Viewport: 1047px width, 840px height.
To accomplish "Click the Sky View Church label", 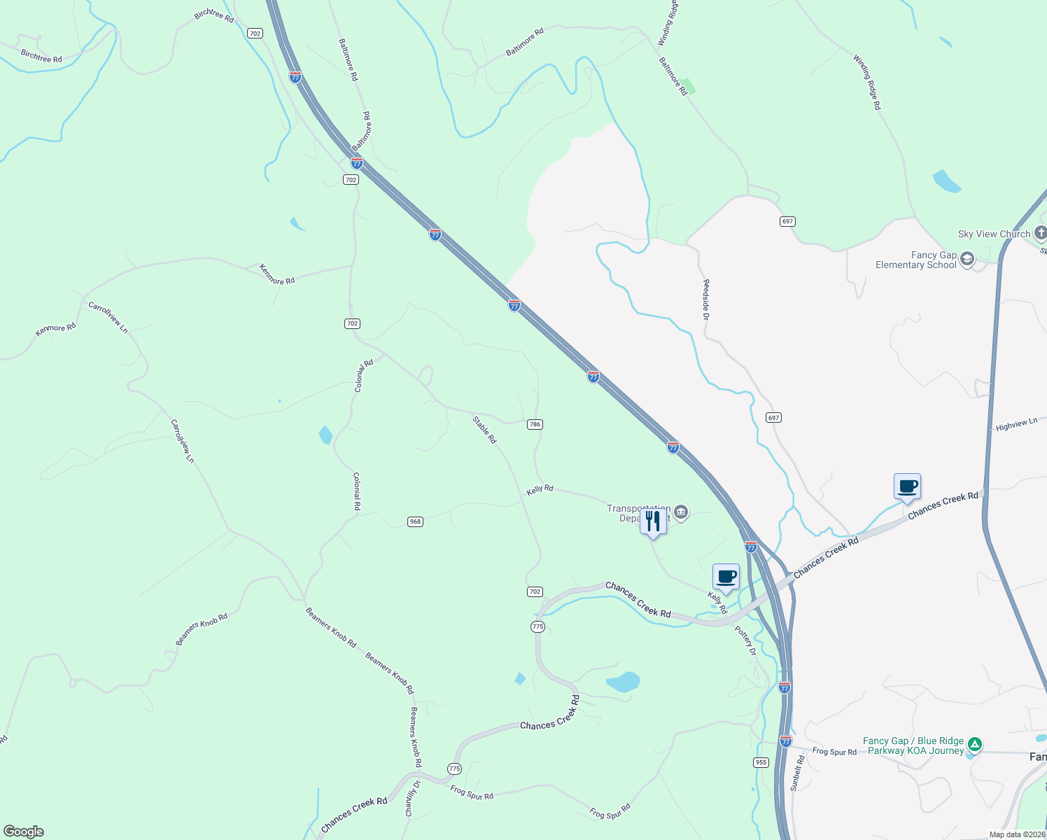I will pyautogui.click(x=994, y=234).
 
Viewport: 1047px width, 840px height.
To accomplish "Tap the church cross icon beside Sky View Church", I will pyautogui.click(x=1040, y=233).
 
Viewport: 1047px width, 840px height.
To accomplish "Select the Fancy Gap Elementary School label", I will pyautogui.click(x=915, y=260).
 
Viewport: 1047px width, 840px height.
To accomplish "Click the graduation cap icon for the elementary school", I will pyautogui.click(x=967, y=260).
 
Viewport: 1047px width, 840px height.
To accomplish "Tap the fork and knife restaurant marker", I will pyautogui.click(x=653, y=521).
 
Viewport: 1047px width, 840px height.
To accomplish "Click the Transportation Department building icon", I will pyautogui.click(x=680, y=513).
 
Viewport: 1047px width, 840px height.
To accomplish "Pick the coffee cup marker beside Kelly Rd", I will pyautogui.click(x=726, y=577).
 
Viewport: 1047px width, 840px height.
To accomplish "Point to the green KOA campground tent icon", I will pyautogui.click(x=975, y=744).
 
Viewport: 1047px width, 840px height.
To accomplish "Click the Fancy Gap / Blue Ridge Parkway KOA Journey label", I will pyautogui.click(x=913, y=745).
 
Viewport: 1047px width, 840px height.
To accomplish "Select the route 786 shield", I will pyautogui.click(x=535, y=424).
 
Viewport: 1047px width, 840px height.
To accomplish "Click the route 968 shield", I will pyautogui.click(x=416, y=521).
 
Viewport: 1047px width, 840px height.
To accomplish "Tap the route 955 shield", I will pyautogui.click(x=761, y=762).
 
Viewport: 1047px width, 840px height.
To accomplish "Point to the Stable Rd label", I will pyautogui.click(x=484, y=430).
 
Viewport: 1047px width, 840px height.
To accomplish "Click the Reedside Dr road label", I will pyautogui.click(x=706, y=300).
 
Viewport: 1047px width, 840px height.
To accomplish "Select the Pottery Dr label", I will pyautogui.click(x=746, y=640).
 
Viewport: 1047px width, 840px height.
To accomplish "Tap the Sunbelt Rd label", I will pyautogui.click(x=797, y=773).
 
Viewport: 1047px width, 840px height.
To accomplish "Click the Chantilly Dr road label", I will pyautogui.click(x=412, y=798).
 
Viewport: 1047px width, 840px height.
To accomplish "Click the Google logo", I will pyautogui.click(x=24, y=832).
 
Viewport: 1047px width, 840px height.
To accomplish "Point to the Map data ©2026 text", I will pyautogui.click(x=1017, y=834).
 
